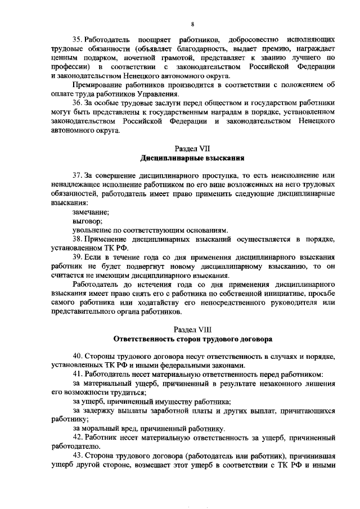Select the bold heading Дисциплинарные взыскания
pos(192,159)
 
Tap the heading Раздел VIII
pos(192,330)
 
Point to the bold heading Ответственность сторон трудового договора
pos(192,339)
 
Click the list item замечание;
pos(91,212)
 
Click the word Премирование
pos(98,85)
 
